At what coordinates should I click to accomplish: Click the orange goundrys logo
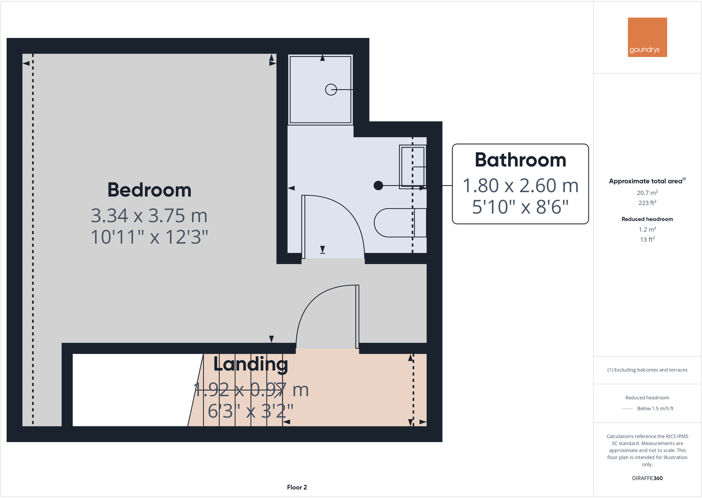click(x=647, y=37)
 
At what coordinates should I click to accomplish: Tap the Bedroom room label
click(x=149, y=190)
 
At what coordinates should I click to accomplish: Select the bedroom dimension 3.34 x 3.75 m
click(x=149, y=216)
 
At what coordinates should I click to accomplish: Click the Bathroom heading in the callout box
click(x=521, y=160)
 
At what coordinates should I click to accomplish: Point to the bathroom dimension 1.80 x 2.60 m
click(x=521, y=186)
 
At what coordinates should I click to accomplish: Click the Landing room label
click(x=250, y=364)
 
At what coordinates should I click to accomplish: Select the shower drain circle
click(x=331, y=90)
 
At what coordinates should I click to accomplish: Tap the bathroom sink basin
click(x=412, y=167)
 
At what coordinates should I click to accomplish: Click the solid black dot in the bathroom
click(x=378, y=186)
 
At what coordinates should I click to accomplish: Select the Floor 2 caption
click(x=297, y=487)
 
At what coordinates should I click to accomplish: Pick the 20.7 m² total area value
click(x=647, y=193)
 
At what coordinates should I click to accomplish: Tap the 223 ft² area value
click(x=647, y=203)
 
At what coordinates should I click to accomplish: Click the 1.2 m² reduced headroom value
click(x=647, y=229)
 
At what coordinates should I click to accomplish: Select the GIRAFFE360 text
click(x=647, y=478)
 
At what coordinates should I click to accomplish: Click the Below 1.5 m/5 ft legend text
click(x=655, y=409)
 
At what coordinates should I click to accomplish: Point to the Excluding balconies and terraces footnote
click(x=647, y=370)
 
